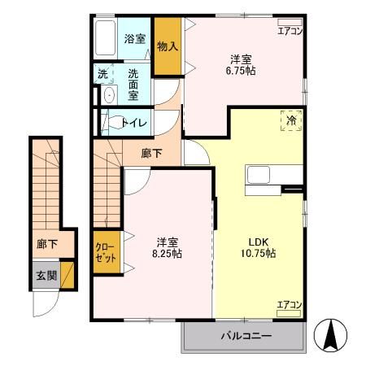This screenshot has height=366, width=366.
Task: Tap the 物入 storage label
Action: point(167,46)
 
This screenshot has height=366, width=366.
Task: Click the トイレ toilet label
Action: point(134,123)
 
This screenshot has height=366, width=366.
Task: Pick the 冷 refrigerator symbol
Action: point(291,120)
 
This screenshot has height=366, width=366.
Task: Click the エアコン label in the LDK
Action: point(290,305)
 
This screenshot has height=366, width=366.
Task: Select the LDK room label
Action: point(259,240)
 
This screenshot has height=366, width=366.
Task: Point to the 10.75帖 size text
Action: point(259,254)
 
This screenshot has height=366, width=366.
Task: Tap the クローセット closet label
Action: point(105,252)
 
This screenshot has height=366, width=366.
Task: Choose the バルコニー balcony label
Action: point(246,335)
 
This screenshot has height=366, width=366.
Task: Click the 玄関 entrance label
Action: point(46,275)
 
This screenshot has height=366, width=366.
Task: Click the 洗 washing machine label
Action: point(102,74)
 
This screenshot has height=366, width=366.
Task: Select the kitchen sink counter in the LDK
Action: point(263,176)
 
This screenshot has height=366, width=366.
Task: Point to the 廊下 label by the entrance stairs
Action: point(47,242)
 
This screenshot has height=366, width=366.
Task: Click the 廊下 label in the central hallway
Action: point(150,152)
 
